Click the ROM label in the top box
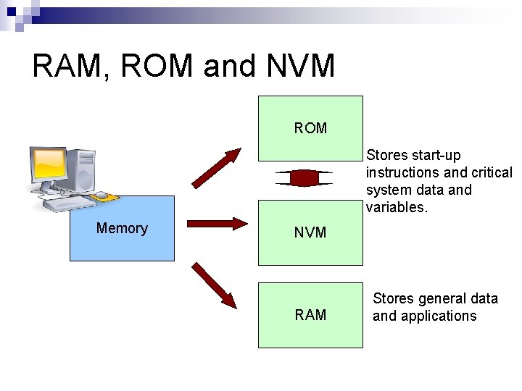pyautogui.click(x=310, y=128)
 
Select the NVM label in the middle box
pyautogui.click(x=310, y=232)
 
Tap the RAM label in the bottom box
pyautogui.click(x=310, y=315)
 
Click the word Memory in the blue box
pyautogui.click(x=122, y=228)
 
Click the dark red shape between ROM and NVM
pyautogui.click(x=304, y=178)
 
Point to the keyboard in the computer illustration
pyautogui.click(x=69, y=202)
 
